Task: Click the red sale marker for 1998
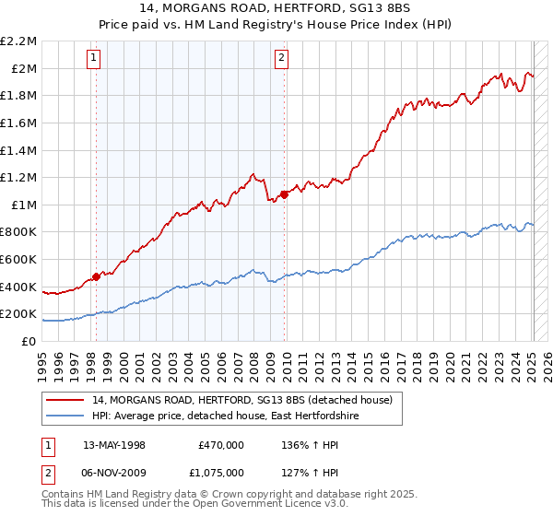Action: tap(96, 276)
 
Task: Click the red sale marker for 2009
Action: tap(284, 193)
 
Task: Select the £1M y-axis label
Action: tap(25, 205)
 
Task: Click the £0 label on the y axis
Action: tap(29, 341)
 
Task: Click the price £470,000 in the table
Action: tap(220, 444)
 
